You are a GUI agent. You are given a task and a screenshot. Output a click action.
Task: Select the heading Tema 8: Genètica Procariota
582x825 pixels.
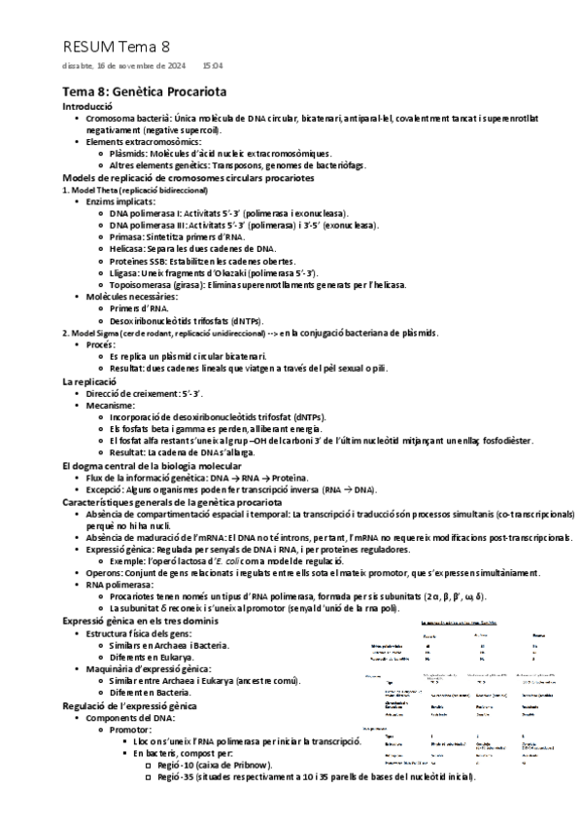coord(145,90)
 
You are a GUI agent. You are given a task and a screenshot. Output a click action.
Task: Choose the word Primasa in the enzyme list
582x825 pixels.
coord(127,236)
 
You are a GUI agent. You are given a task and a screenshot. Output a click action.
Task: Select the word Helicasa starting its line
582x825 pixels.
coord(130,249)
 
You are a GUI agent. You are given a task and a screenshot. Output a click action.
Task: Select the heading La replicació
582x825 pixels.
coord(90,380)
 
